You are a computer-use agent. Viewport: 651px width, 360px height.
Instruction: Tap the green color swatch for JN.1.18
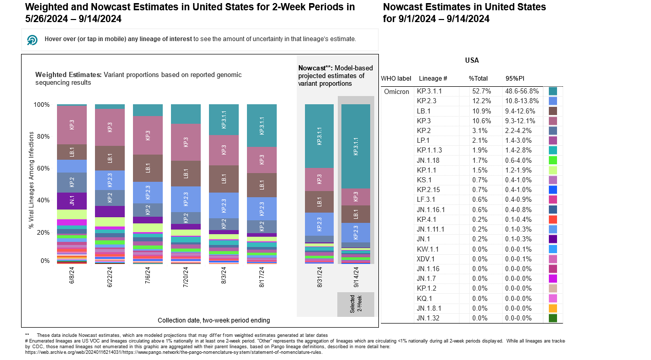553,160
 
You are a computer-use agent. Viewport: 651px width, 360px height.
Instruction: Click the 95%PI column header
514,79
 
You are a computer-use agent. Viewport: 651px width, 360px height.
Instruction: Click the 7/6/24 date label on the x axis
148,278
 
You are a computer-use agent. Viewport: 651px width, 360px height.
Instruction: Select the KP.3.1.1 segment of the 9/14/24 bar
356,146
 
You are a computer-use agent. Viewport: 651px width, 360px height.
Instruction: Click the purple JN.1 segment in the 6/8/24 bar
72,201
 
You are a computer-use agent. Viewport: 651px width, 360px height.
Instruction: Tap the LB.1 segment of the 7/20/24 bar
186,174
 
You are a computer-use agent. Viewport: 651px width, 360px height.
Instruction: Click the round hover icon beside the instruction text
32,40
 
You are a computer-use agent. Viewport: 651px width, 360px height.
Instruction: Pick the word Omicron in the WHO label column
396,91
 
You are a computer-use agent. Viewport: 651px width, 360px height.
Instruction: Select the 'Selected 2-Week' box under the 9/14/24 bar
356,305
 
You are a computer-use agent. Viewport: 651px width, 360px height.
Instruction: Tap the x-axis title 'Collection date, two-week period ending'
214,320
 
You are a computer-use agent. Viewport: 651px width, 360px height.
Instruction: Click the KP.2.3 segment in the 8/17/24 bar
262,209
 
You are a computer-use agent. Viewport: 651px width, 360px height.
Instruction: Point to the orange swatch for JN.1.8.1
553,308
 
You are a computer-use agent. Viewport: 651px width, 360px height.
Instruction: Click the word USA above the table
472,61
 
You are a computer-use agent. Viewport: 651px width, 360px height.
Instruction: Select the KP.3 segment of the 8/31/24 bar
319,179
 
